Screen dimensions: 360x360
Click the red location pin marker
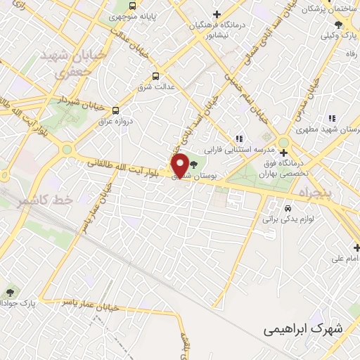click(x=180, y=166)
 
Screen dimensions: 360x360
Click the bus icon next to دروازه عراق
click(x=116, y=110)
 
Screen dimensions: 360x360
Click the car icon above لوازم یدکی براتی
click(x=287, y=209)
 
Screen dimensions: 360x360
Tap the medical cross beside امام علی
click(x=356, y=247)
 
